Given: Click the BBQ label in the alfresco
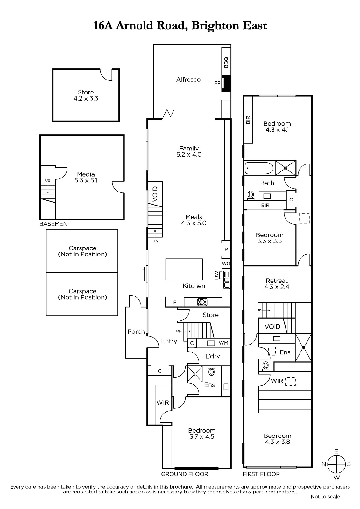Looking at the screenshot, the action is pos(226,62).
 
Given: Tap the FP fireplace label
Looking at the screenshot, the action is pos(217,83).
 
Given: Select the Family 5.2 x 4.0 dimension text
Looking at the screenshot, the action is pos(189,155).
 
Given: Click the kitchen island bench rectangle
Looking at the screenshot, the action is pos(184,269).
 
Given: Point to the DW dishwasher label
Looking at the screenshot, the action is pos(216,275).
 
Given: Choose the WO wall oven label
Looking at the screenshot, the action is pos(226,264).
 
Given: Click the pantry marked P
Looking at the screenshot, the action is pos(226,249).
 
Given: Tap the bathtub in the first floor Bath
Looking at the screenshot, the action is pos(259,168).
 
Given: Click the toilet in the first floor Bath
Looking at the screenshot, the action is pos(251,195).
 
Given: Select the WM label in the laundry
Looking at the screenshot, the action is pos(223,343).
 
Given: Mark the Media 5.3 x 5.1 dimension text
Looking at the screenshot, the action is pos(86,180).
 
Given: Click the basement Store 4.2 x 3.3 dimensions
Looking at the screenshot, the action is pos(86,98).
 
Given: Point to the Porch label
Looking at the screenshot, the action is pos(136,331).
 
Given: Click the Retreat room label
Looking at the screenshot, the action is pos(277,281).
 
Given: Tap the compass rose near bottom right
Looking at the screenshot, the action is pos(336,464).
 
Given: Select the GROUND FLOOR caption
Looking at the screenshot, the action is pos(185,474).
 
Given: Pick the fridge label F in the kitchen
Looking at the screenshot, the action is pos(175,302).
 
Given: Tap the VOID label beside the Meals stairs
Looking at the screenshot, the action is pos(155,194).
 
